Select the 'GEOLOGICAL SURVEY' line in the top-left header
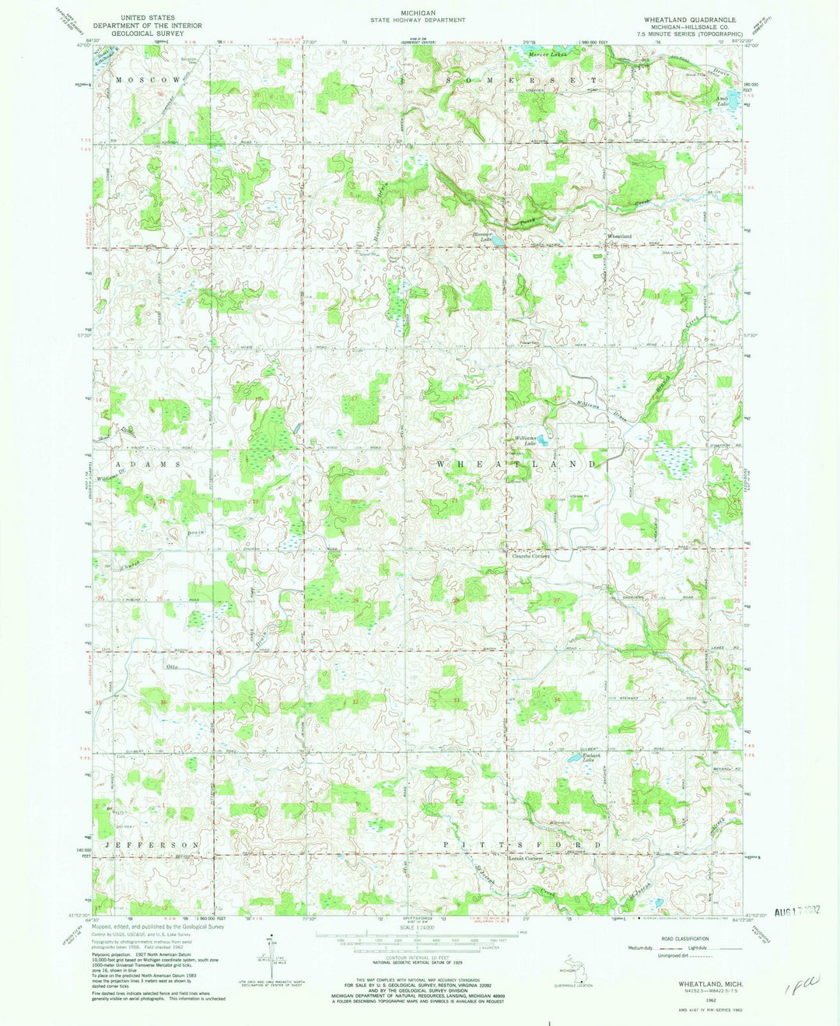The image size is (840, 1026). [x=145, y=33]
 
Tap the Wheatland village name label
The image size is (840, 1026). [x=619, y=236]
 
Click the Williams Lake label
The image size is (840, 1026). [x=526, y=439]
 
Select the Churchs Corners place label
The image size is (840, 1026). [x=530, y=556]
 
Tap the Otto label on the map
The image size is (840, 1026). [x=173, y=667]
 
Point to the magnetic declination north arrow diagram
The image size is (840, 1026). [x=270, y=953]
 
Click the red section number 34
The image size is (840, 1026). [x=557, y=700]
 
